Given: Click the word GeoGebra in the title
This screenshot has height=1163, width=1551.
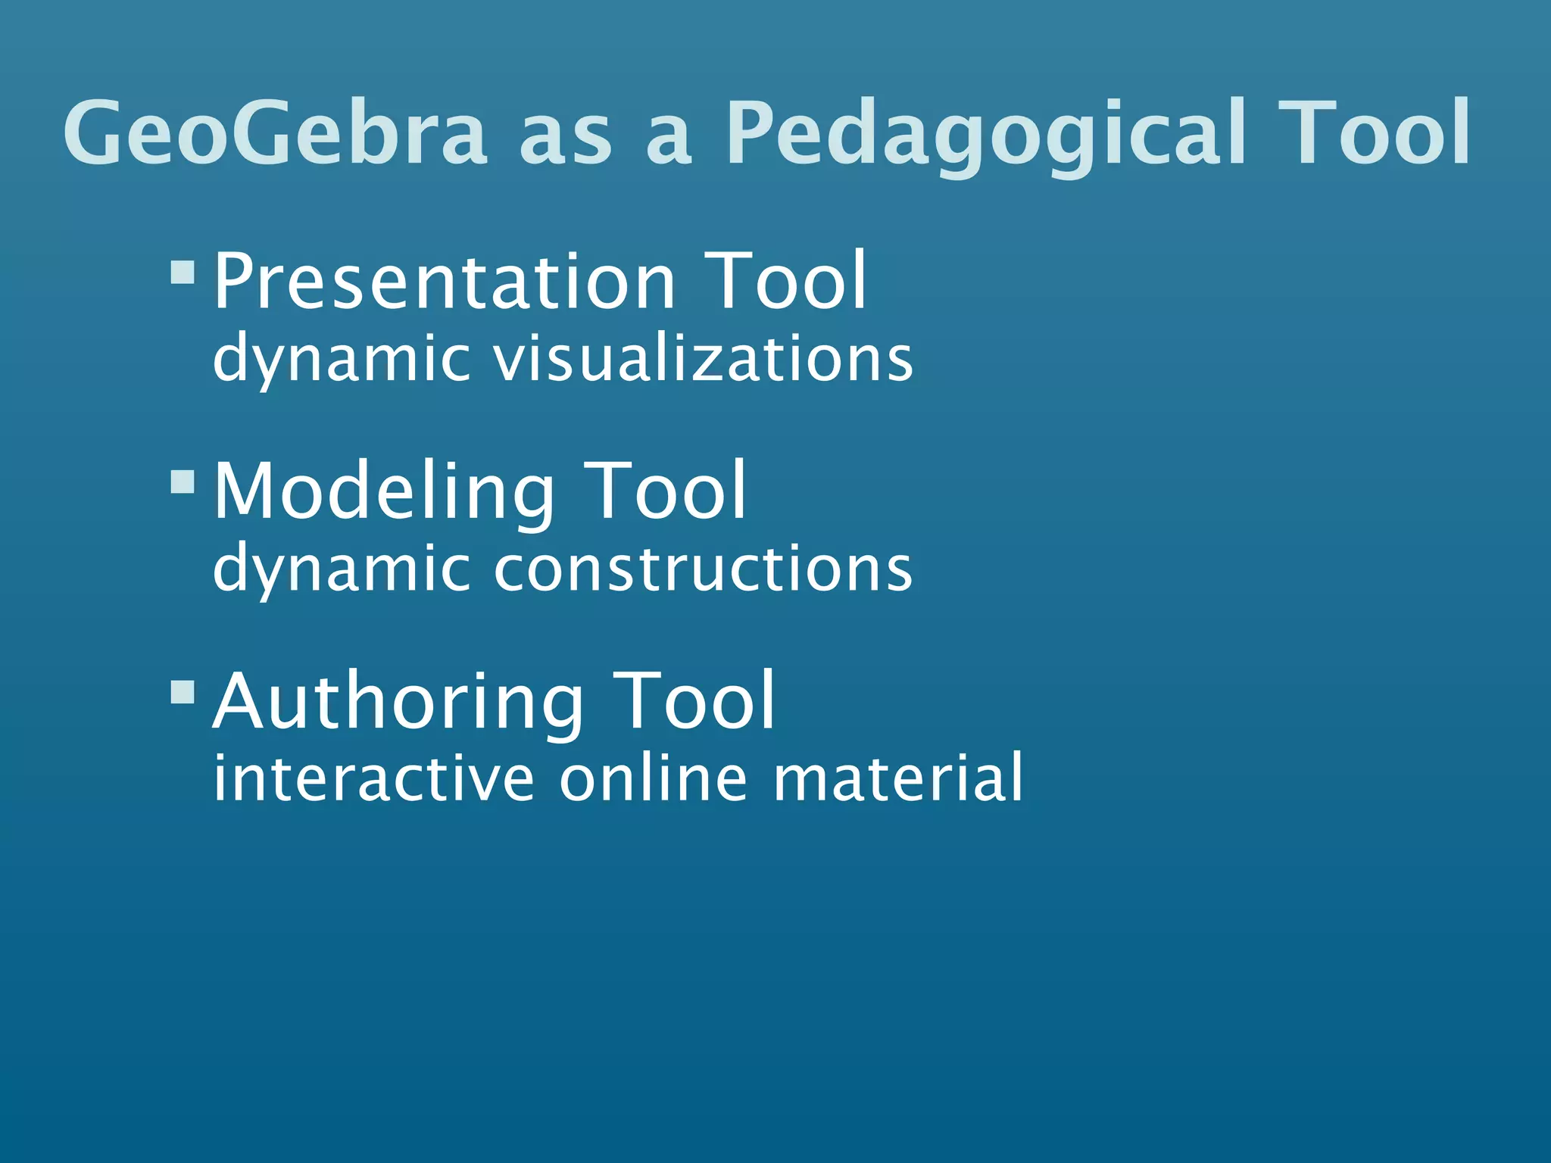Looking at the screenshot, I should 275,133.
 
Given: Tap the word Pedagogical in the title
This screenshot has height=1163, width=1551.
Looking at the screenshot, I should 985,135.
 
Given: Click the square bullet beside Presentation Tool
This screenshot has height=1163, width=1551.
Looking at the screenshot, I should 183,272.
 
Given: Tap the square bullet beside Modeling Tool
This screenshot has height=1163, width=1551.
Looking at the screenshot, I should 183,482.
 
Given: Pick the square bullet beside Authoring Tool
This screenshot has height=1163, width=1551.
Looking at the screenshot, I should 183,691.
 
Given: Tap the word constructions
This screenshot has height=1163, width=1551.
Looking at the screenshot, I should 704,569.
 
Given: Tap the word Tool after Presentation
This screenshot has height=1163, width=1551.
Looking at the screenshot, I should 785,281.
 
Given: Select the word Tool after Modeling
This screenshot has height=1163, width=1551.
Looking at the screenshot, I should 666,492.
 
